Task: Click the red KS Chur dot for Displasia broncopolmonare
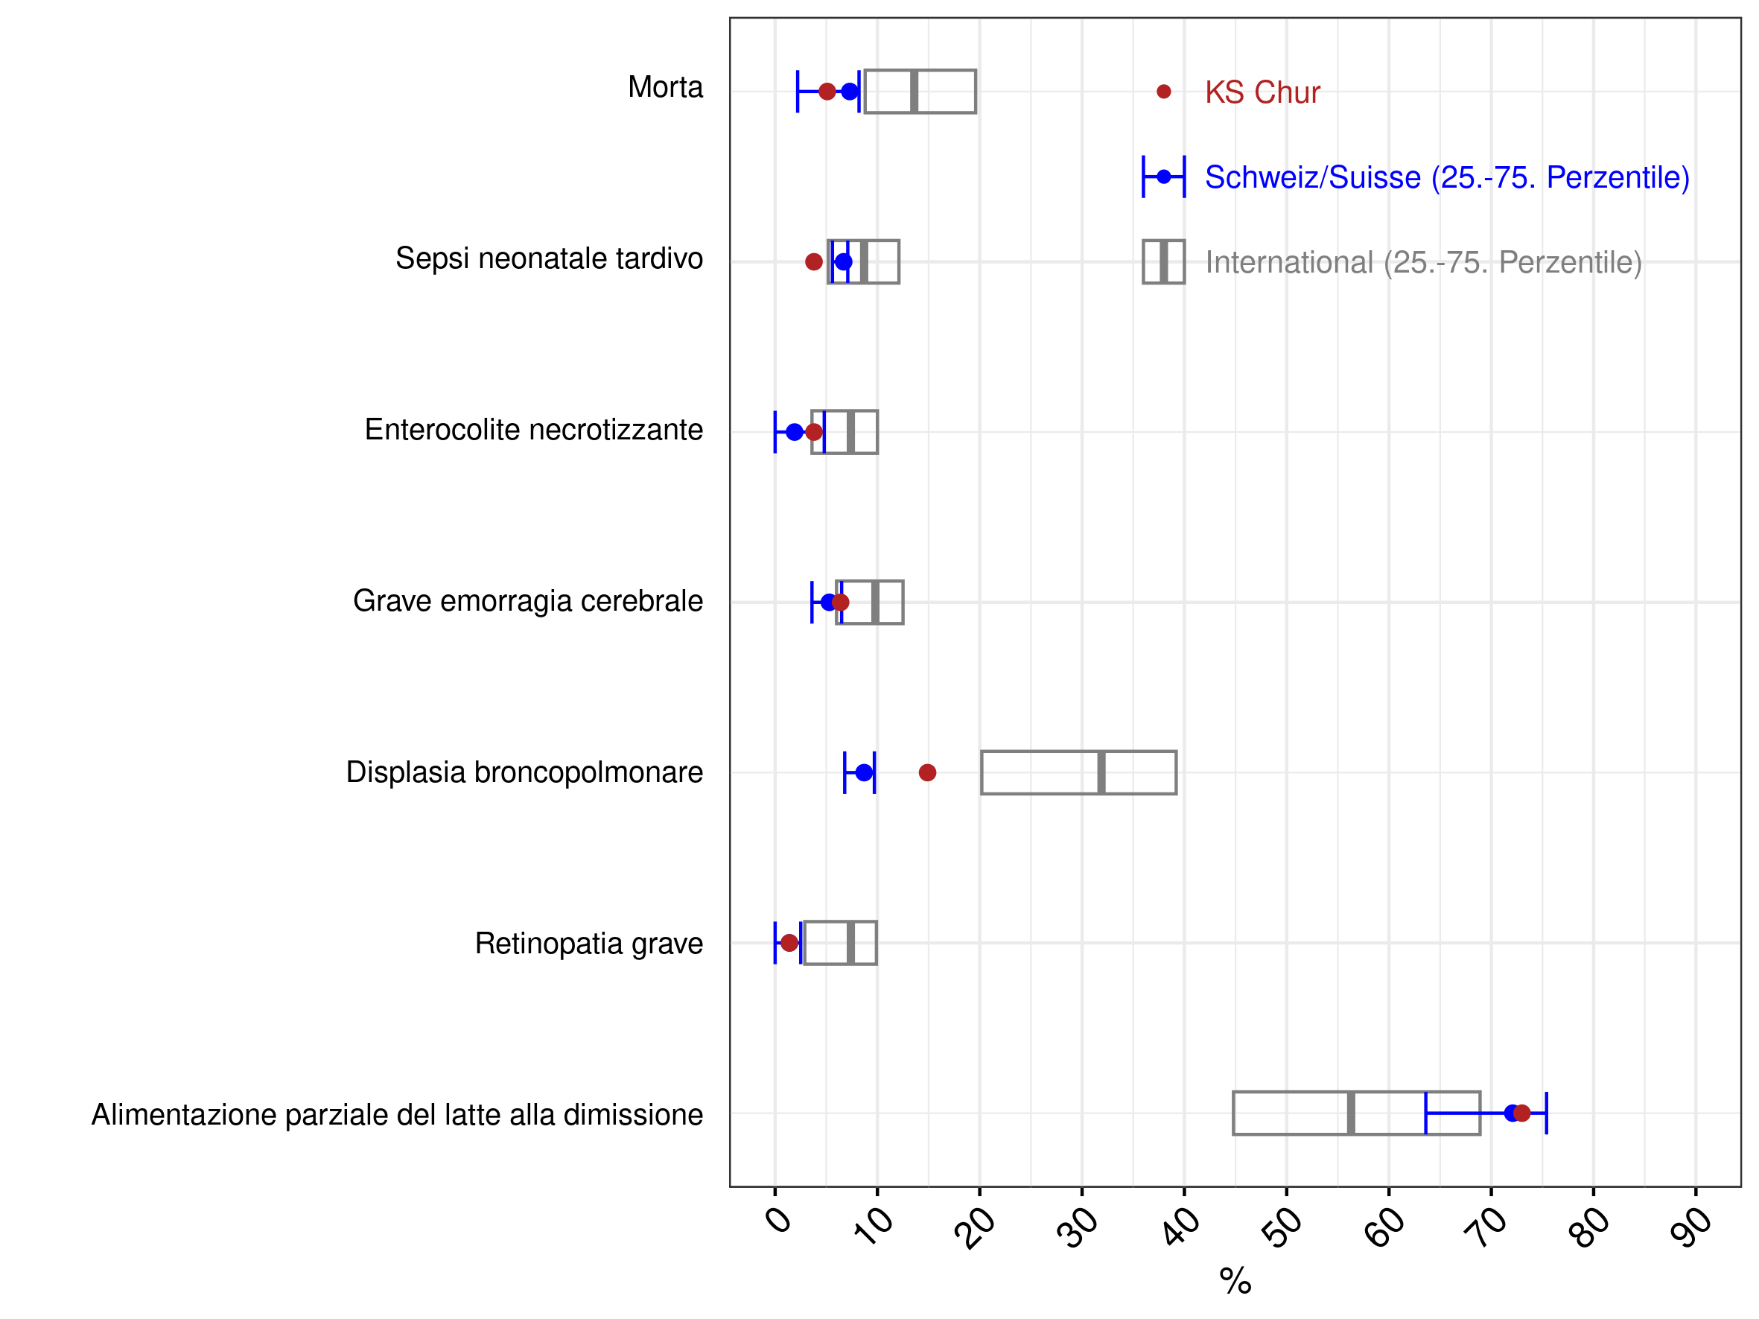coord(927,773)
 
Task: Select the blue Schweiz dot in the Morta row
coord(850,92)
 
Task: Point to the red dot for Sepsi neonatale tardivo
coord(813,261)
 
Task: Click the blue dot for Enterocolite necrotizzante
coord(795,433)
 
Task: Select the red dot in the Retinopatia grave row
coord(789,943)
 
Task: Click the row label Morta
coord(665,87)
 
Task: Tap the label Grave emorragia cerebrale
coord(528,601)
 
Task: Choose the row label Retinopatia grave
coord(588,944)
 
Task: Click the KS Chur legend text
coord(1262,92)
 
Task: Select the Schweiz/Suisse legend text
coord(1447,177)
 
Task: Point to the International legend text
coord(1423,262)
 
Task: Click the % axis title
coord(1235,1282)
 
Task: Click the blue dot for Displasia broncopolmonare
coord(865,773)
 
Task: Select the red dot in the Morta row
coord(827,92)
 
